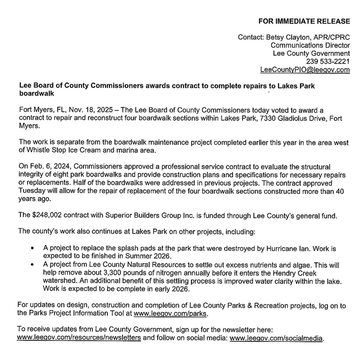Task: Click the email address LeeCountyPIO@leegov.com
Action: tap(305, 70)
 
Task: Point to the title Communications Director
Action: tap(310, 45)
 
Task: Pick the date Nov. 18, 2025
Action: tap(75, 110)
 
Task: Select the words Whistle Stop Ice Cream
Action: tap(56, 150)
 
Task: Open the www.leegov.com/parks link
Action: tap(170, 314)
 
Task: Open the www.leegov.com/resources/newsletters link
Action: tap(79, 338)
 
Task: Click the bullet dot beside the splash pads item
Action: tap(32, 249)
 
